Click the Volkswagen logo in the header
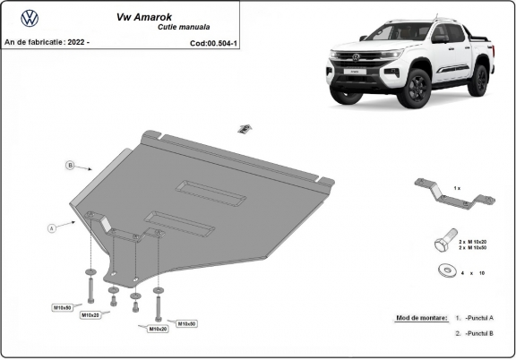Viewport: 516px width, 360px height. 29,18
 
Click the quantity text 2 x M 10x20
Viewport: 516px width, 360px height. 472,241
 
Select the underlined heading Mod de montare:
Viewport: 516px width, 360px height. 420,318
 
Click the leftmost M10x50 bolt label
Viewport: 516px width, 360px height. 63,307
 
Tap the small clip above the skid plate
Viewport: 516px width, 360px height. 243,128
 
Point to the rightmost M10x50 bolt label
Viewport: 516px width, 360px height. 185,323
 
